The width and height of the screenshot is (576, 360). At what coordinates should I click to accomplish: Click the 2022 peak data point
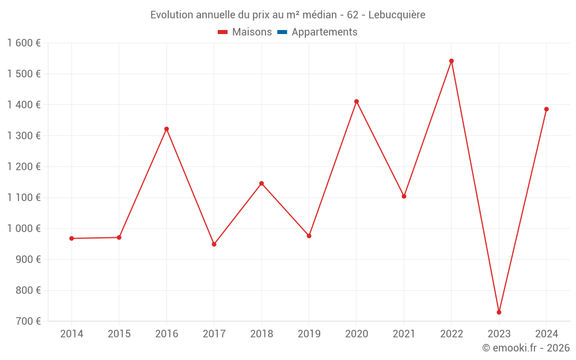(x=452, y=61)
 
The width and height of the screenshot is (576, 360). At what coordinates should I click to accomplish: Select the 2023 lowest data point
(x=499, y=312)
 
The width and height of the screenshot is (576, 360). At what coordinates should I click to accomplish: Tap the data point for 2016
(x=166, y=129)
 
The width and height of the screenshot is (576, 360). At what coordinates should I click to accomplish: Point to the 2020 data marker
(x=357, y=101)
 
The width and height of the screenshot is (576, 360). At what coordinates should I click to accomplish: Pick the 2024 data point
(x=546, y=109)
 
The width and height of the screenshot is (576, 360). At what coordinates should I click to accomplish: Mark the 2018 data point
(x=262, y=184)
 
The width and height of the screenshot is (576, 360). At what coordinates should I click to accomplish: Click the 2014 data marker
(x=71, y=238)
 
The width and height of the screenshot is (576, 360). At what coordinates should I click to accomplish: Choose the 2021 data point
(x=404, y=196)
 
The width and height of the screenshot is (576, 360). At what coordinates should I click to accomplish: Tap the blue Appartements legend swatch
(x=282, y=32)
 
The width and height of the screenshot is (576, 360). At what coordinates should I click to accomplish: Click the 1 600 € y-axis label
(x=24, y=43)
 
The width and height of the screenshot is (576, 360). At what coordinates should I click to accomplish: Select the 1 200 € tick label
(x=24, y=167)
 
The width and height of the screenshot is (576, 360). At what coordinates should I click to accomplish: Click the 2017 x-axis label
(x=214, y=334)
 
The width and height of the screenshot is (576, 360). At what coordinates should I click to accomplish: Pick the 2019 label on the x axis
(x=309, y=334)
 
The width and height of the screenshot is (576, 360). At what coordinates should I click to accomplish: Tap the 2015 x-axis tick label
(x=119, y=334)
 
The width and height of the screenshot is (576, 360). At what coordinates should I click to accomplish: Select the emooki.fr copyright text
(x=525, y=348)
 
